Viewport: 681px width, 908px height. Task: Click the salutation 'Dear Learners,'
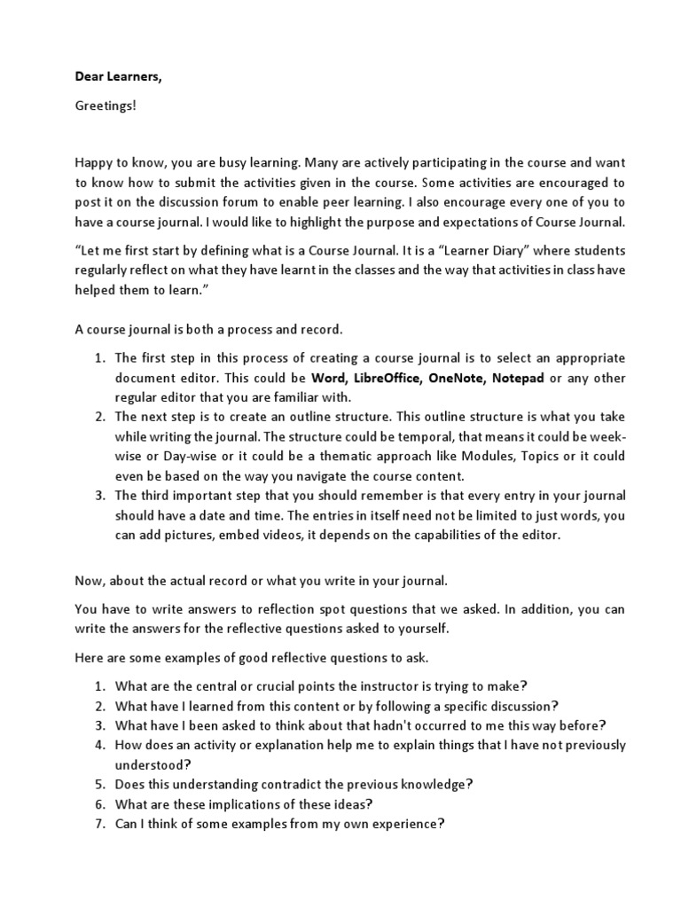pyautogui.click(x=119, y=77)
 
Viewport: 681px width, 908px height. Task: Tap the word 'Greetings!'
pyautogui.click(x=106, y=106)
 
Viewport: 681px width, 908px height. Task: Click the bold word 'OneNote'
pyautogui.click(x=456, y=378)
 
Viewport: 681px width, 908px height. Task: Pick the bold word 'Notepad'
pyautogui.click(x=518, y=378)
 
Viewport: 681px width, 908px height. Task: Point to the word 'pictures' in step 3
pyautogui.click(x=184, y=536)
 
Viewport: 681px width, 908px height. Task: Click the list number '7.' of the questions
pyautogui.click(x=100, y=823)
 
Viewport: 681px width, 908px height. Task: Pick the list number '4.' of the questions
pyautogui.click(x=100, y=745)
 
